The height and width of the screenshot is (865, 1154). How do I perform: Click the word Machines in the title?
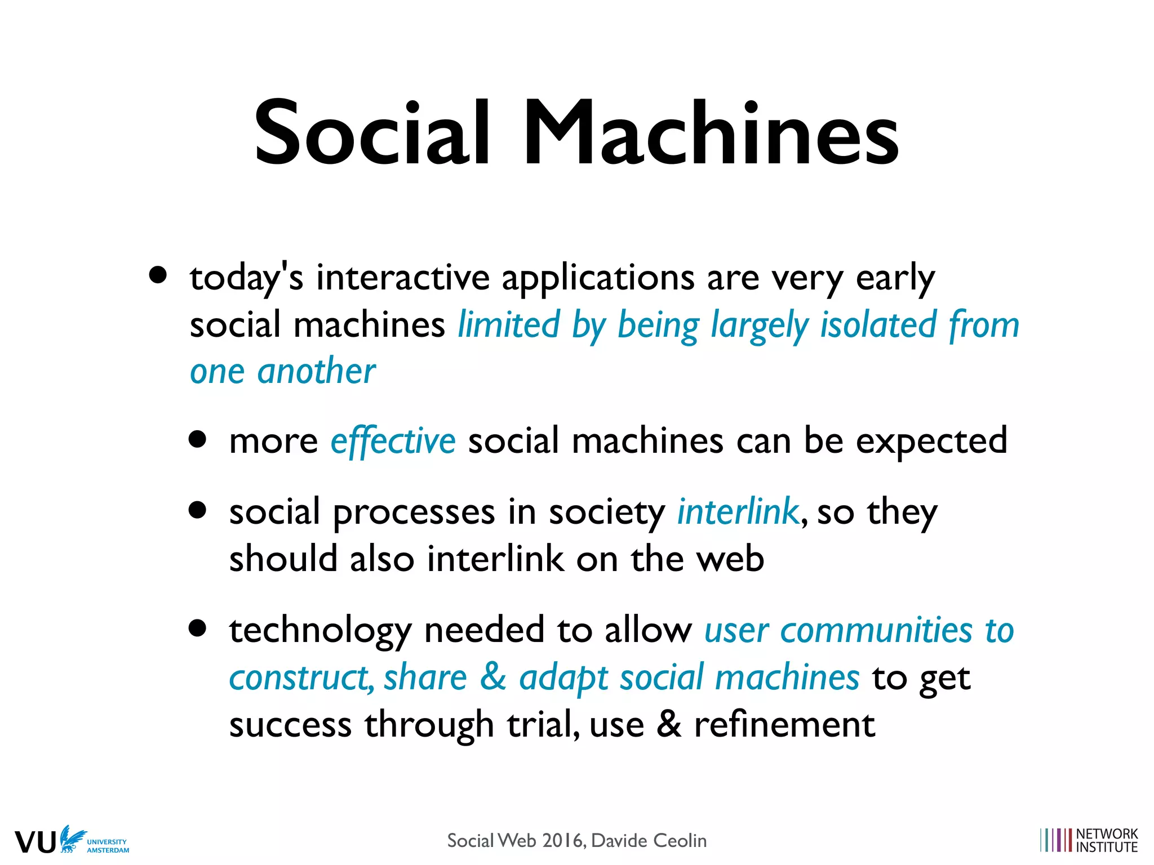[711, 134]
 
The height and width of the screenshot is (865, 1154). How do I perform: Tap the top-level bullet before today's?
[158, 275]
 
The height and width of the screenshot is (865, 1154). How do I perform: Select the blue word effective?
[393, 441]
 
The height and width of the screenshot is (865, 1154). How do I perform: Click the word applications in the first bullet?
[598, 278]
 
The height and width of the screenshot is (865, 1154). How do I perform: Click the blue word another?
[316, 372]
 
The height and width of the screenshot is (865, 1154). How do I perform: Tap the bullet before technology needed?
[197, 628]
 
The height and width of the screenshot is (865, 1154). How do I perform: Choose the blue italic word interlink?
[737, 511]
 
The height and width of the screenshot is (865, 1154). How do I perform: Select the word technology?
[320, 631]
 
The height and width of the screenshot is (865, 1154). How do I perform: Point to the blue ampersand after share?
[493, 677]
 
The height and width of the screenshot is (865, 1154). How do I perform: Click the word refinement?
[784, 724]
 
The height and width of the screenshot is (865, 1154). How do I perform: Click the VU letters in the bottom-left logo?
[35, 842]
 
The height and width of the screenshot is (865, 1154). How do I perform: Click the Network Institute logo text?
[1106, 840]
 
